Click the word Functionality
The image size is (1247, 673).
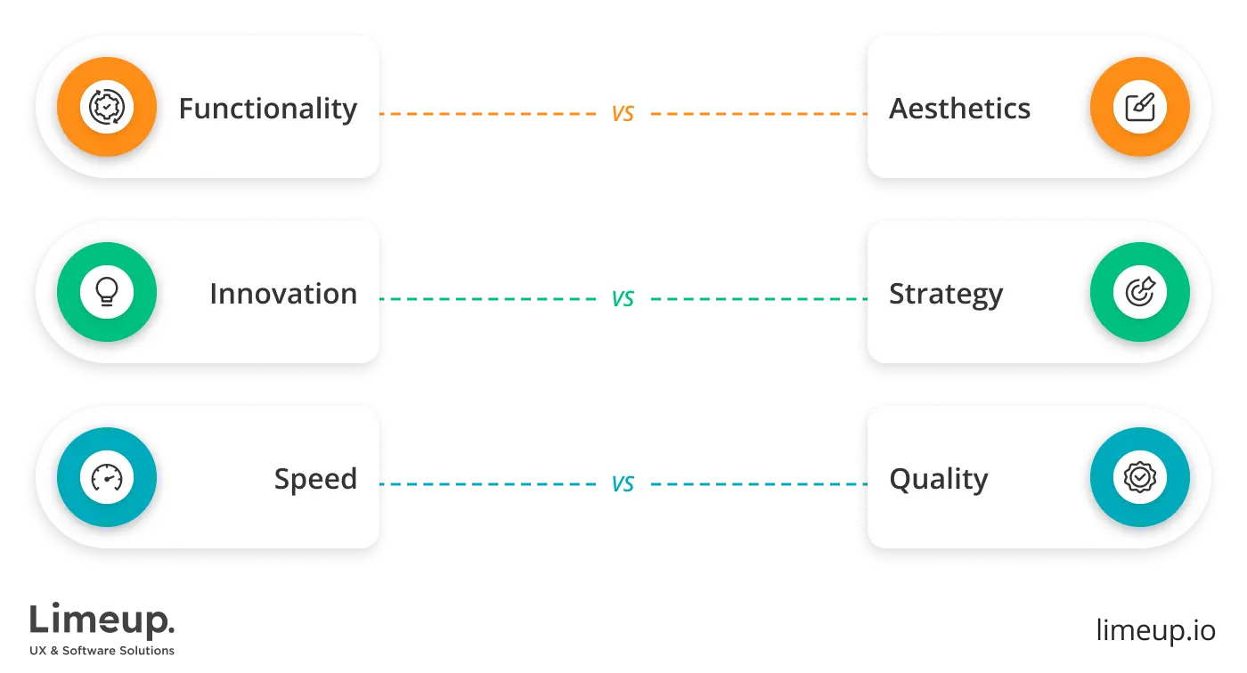click(267, 109)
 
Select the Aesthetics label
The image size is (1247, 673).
click(959, 109)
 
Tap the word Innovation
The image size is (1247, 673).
click(282, 294)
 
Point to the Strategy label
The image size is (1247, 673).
click(945, 295)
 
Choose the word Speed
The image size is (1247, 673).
click(315, 479)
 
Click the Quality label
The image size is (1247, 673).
click(938, 479)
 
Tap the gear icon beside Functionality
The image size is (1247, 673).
click(107, 108)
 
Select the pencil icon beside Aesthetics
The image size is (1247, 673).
click(1139, 108)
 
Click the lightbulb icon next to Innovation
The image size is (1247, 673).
click(107, 293)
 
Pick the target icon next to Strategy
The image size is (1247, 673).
click(1139, 293)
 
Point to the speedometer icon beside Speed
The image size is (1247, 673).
click(107, 478)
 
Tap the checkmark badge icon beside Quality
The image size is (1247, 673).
click(1139, 478)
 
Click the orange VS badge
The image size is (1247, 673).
click(623, 114)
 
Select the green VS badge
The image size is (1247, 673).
click(623, 299)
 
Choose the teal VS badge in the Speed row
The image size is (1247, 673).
click(623, 484)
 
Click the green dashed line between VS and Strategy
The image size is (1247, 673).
click(753, 299)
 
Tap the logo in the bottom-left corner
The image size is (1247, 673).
click(102, 628)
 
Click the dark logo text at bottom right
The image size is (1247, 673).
click(1156, 628)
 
